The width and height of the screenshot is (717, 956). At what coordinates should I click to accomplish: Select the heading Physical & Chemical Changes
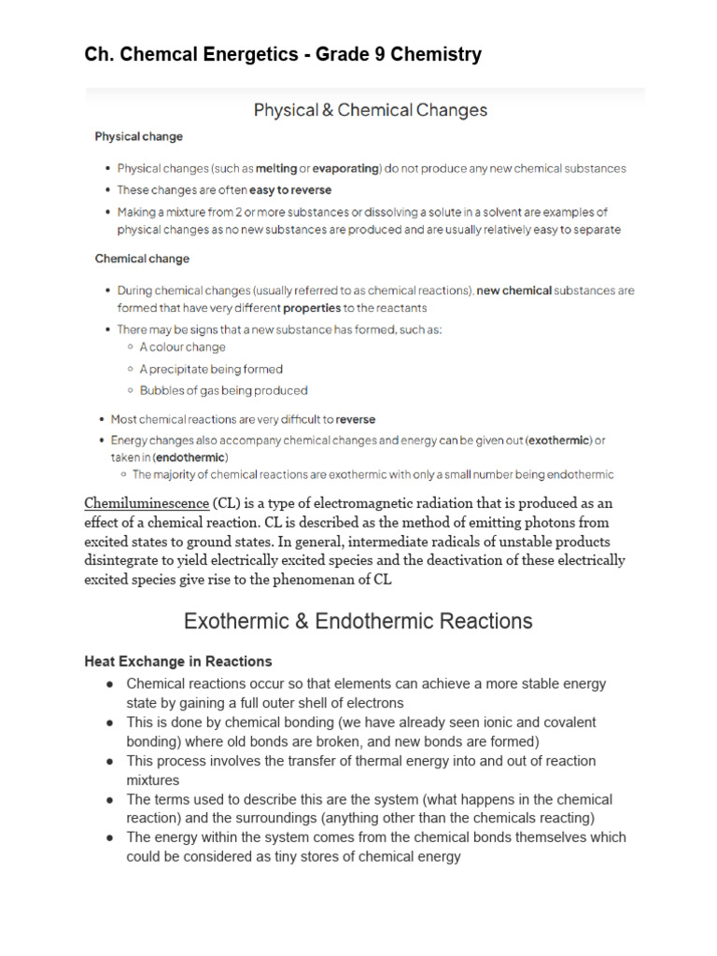(371, 110)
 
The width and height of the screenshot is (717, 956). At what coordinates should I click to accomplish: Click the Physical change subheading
(139, 136)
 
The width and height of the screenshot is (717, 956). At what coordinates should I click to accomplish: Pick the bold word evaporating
(345, 169)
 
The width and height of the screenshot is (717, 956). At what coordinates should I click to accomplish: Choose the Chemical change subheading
(142, 259)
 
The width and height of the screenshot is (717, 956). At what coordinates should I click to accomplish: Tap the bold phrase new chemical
(513, 290)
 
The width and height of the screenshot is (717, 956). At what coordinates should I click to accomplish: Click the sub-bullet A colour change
(182, 347)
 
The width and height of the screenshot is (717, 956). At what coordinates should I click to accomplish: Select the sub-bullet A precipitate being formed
(211, 369)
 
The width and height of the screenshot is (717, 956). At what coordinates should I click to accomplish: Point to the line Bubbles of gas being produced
(223, 390)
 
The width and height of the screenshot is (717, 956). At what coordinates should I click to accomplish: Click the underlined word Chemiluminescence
(147, 503)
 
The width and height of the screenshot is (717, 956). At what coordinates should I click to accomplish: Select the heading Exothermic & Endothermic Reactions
(358, 621)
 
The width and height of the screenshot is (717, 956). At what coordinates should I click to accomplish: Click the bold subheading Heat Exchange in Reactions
(177, 662)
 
